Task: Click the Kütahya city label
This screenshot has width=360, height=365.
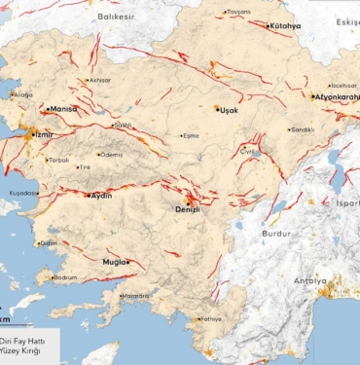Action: (x=286, y=25)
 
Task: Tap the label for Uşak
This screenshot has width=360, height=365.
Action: (x=229, y=110)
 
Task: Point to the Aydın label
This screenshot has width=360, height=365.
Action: (x=101, y=196)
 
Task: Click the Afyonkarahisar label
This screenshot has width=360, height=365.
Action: (x=337, y=97)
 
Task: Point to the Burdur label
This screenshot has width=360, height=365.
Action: (x=276, y=234)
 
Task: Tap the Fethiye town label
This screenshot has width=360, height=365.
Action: (x=210, y=318)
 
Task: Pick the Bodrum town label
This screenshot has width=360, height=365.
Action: (x=66, y=278)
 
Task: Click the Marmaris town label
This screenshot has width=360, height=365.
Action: (x=136, y=296)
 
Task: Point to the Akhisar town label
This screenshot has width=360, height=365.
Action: (x=100, y=80)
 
